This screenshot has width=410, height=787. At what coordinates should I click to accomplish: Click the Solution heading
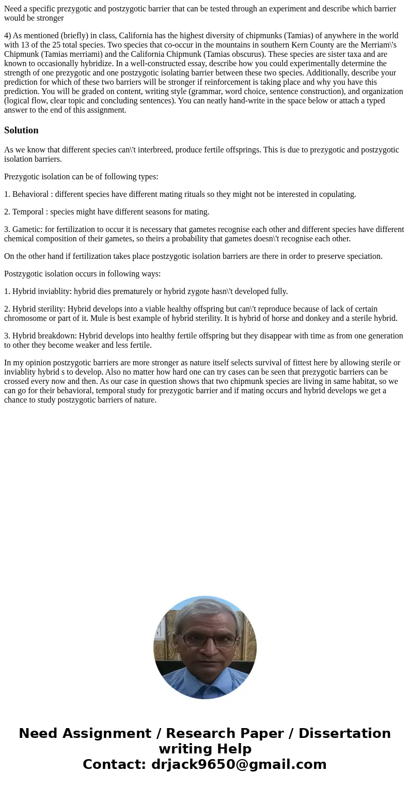point(21,130)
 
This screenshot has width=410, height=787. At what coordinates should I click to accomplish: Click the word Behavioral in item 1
point(30,194)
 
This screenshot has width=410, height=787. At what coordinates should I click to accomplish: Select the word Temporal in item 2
point(29,212)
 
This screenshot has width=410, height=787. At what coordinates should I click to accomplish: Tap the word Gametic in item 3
point(28,229)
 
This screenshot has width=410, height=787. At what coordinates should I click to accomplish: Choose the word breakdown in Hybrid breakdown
point(56,336)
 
